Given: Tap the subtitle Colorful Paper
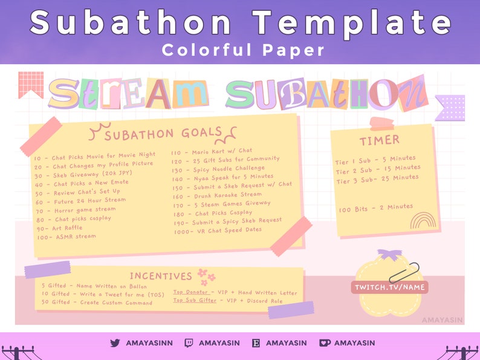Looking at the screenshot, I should tap(244, 50).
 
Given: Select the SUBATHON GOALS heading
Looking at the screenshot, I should tap(163, 134).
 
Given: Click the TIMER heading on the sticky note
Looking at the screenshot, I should tap(379, 140).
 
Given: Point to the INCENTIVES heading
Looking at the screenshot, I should tap(161, 277).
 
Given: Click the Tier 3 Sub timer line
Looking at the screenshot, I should tap(377, 179).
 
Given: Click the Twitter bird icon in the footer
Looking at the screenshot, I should tap(115, 343).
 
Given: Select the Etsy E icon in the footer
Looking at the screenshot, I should tap(256, 343).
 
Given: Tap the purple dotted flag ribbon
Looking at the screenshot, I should tap(450, 107).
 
